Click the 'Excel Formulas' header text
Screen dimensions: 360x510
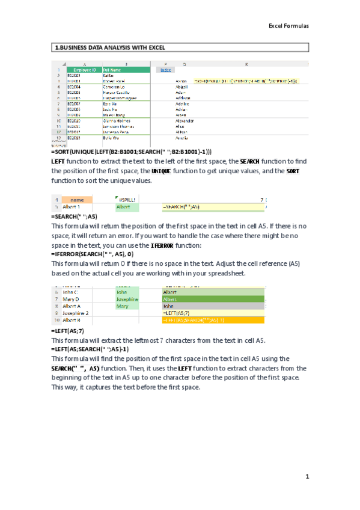click(x=288, y=26)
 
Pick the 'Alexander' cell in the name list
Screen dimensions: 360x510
click(x=185, y=120)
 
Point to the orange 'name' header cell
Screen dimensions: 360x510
click(x=77, y=199)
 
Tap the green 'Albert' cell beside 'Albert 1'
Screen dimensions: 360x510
click(x=123, y=207)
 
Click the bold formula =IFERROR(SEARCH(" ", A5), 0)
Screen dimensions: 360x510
click(x=96, y=255)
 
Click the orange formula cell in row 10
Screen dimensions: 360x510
click(x=213, y=321)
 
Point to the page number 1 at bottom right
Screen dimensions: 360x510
click(x=306, y=477)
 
